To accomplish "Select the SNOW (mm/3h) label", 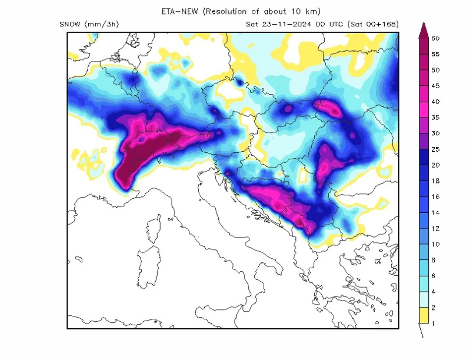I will coord(89,24).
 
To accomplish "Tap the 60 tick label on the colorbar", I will coord(436,38).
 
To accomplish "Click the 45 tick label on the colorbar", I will coord(436,86).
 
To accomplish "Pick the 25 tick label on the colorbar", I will coord(436,149).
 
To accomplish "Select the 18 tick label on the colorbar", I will coord(436,181).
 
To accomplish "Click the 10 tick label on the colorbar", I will coord(436,244).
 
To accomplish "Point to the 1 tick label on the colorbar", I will coord(433,324).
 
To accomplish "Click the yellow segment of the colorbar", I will coord(423,316).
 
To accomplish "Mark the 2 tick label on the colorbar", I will coord(433,308).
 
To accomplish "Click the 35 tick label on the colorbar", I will coord(436,118).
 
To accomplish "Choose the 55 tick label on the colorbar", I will coord(436,54).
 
